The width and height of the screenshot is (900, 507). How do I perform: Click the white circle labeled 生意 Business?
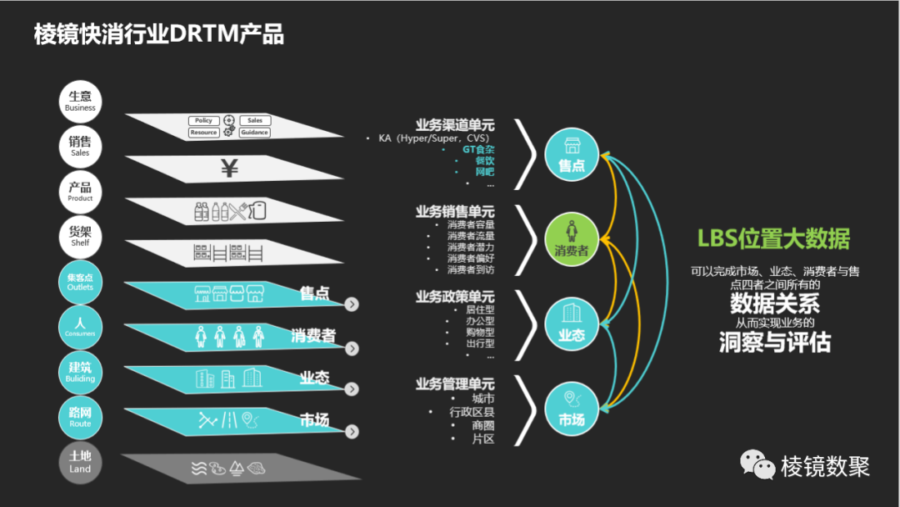pyautogui.click(x=81, y=101)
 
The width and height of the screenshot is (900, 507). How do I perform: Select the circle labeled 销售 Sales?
pyautogui.click(x=81, y=147)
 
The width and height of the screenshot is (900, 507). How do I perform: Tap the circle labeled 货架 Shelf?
pyautogui.click(x=81, y=237)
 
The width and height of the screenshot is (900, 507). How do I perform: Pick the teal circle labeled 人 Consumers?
pyautogui.click(x=81, y=326)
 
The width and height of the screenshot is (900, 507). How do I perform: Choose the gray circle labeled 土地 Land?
pyautogui.click(x=81, y=461)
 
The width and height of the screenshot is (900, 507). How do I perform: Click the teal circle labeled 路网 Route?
pyautogui.click(x=81, y=417)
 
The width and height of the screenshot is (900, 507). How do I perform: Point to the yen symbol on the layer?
pyautogui.click(x=230, y=169)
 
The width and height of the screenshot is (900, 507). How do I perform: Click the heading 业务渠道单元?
pyautogui.click(x=455, y=125)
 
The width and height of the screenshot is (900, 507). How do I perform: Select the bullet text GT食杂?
pyautogui.click(x=478, y=149)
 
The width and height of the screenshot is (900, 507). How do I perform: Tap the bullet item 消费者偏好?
pyautogui.click(x=470, y=259)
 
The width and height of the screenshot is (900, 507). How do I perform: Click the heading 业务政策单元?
pyautogui.click(x=455, y=297)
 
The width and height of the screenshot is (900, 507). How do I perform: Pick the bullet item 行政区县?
pyautogui.click(x=472, y=412)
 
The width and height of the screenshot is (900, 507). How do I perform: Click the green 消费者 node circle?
pyautogui.click(x=572, y=240)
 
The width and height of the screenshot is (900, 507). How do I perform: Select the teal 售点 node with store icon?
pyautogui.click(x=572, y=154)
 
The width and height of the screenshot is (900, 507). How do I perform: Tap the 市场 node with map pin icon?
pyautogui.click(x=572, y=409)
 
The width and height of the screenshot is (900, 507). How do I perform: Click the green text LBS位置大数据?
pyautogui.click(x=773, y=239)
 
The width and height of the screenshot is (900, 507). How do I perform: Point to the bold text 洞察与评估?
pyautogui.click(x=775, y=342)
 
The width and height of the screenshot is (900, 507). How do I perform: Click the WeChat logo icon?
pyautogui.click(x=757, y=465)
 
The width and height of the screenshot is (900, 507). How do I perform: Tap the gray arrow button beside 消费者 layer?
pyautogui.click(x=352, y=348)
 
